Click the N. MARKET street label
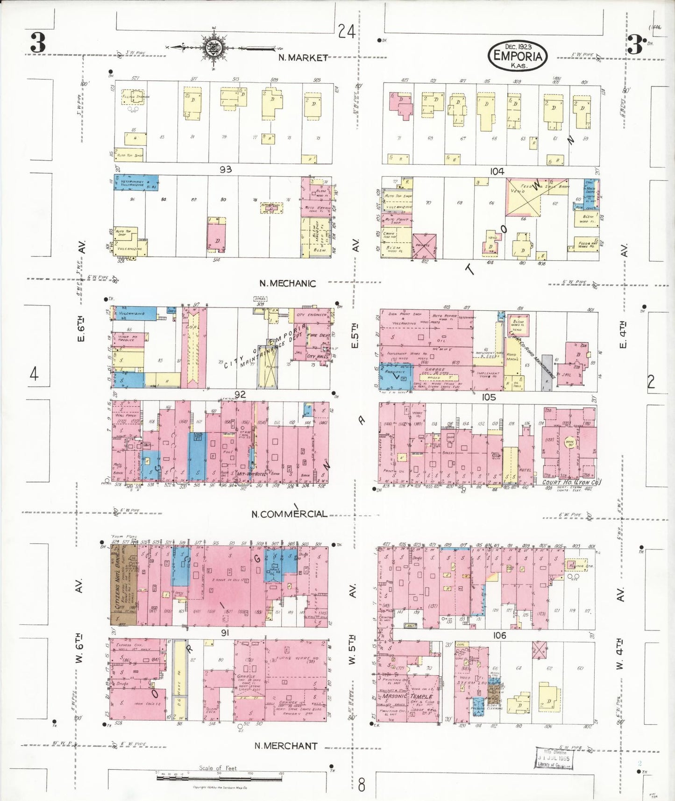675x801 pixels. coord(303,57)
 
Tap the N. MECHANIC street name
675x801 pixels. coord(287,283)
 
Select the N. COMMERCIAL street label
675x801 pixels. coord(289,514)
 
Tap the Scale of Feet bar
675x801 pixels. coord(220,777)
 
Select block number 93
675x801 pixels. coord(226,169)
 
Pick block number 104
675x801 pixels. coord(497,172)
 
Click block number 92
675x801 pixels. coord(240,395)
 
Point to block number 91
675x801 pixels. coord(225,633)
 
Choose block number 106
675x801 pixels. coord(499,635)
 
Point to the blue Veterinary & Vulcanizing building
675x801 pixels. coord(136,183)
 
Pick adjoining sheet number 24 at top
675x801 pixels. coord(347,31)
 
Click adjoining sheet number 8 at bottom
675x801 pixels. coord(362,785)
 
